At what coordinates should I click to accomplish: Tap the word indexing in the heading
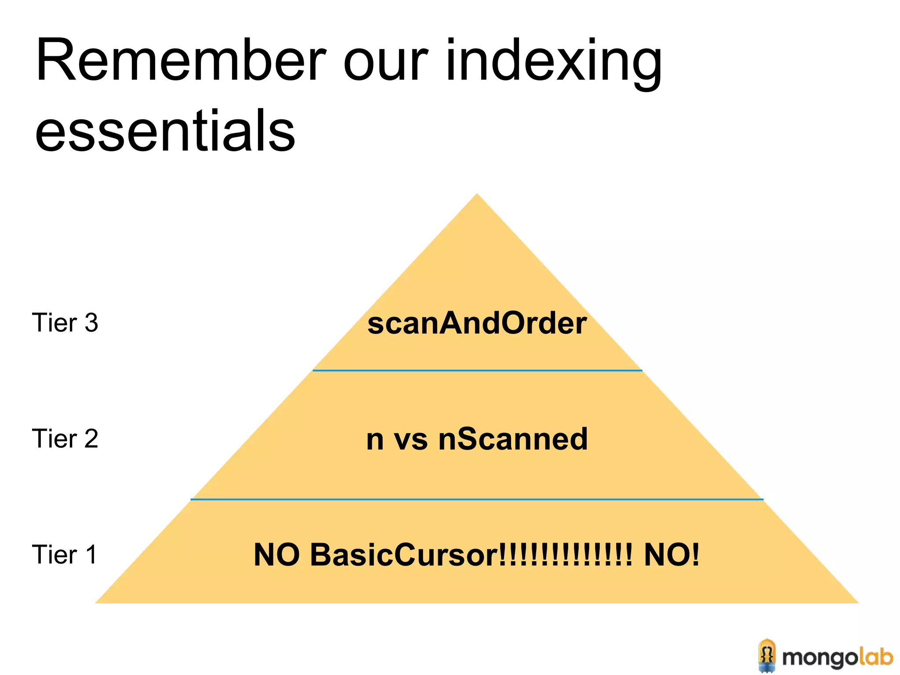[554, 64]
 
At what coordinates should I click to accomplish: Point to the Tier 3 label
[65, 323]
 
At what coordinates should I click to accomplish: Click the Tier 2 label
[65, 439]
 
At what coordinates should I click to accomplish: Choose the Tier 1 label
[64, 554]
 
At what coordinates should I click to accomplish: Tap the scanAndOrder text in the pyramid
[477, 323]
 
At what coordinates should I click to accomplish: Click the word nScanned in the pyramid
[513, 439]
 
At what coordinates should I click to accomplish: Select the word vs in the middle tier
[410, 439]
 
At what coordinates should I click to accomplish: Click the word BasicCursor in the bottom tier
[404, 555]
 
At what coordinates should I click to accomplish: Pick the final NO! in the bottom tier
[671, 555]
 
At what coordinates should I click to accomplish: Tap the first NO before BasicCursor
[277, 555]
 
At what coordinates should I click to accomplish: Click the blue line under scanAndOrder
[477, 370]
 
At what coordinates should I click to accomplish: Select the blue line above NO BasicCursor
[477, 499]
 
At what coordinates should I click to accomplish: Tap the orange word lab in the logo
[876, 657]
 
